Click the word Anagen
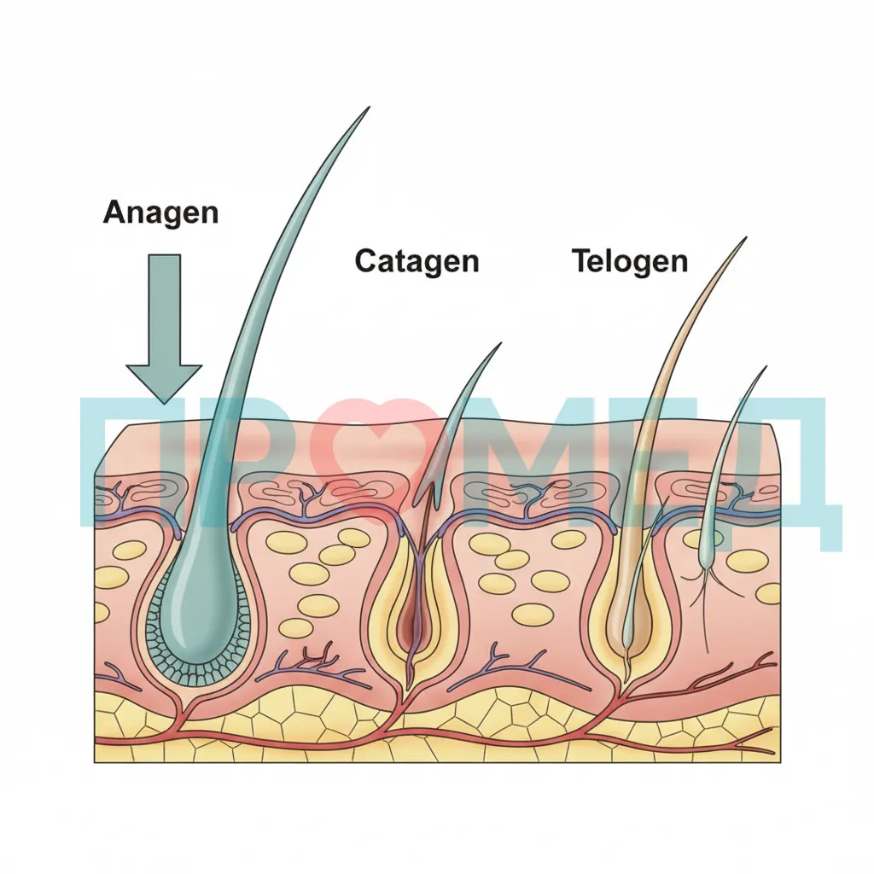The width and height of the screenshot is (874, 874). pyautogui.click(x=160, y=213)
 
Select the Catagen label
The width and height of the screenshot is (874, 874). pyautogui.click(x=417, y=261)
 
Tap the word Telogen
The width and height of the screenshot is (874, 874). pyautogui.click(x=630, y=261)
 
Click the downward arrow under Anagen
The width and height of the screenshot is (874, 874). pyautogui.click(x=164, y=329)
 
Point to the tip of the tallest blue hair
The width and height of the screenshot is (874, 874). pyautogui.click(x=369, y=107)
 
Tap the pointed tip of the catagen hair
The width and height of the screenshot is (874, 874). pyautogui.click(x=500, y=344)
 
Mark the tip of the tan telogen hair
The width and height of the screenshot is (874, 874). pyautogui.click(x=745, y=239)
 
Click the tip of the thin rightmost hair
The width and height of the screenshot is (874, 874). pyautogui.click(x=766, y=367)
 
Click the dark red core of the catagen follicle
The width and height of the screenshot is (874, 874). pyautogui.click(x=412, y=619)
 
